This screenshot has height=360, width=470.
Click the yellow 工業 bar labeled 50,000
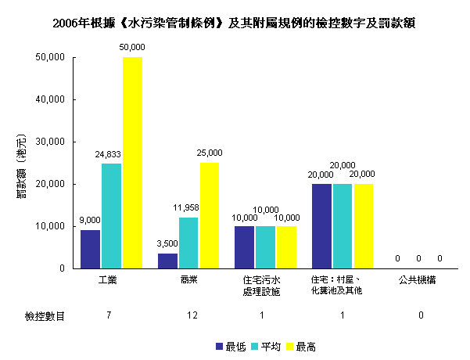point(132,163)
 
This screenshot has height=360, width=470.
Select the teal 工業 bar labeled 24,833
point(111,216)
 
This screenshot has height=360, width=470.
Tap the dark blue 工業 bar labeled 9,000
point(91,249)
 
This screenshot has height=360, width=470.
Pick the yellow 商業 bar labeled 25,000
point(210,215)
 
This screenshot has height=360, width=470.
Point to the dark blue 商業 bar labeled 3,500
point(168,261)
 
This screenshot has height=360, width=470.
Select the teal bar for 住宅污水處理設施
point(266,247)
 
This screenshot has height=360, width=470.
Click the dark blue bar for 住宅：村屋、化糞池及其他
point(321,226)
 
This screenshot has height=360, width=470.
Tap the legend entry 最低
point(231,345)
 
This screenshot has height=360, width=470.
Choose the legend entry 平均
point(270,345)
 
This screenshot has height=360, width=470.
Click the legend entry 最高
point(308,345)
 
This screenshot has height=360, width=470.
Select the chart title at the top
point(234,23)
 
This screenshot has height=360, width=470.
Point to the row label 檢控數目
point(44,315)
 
